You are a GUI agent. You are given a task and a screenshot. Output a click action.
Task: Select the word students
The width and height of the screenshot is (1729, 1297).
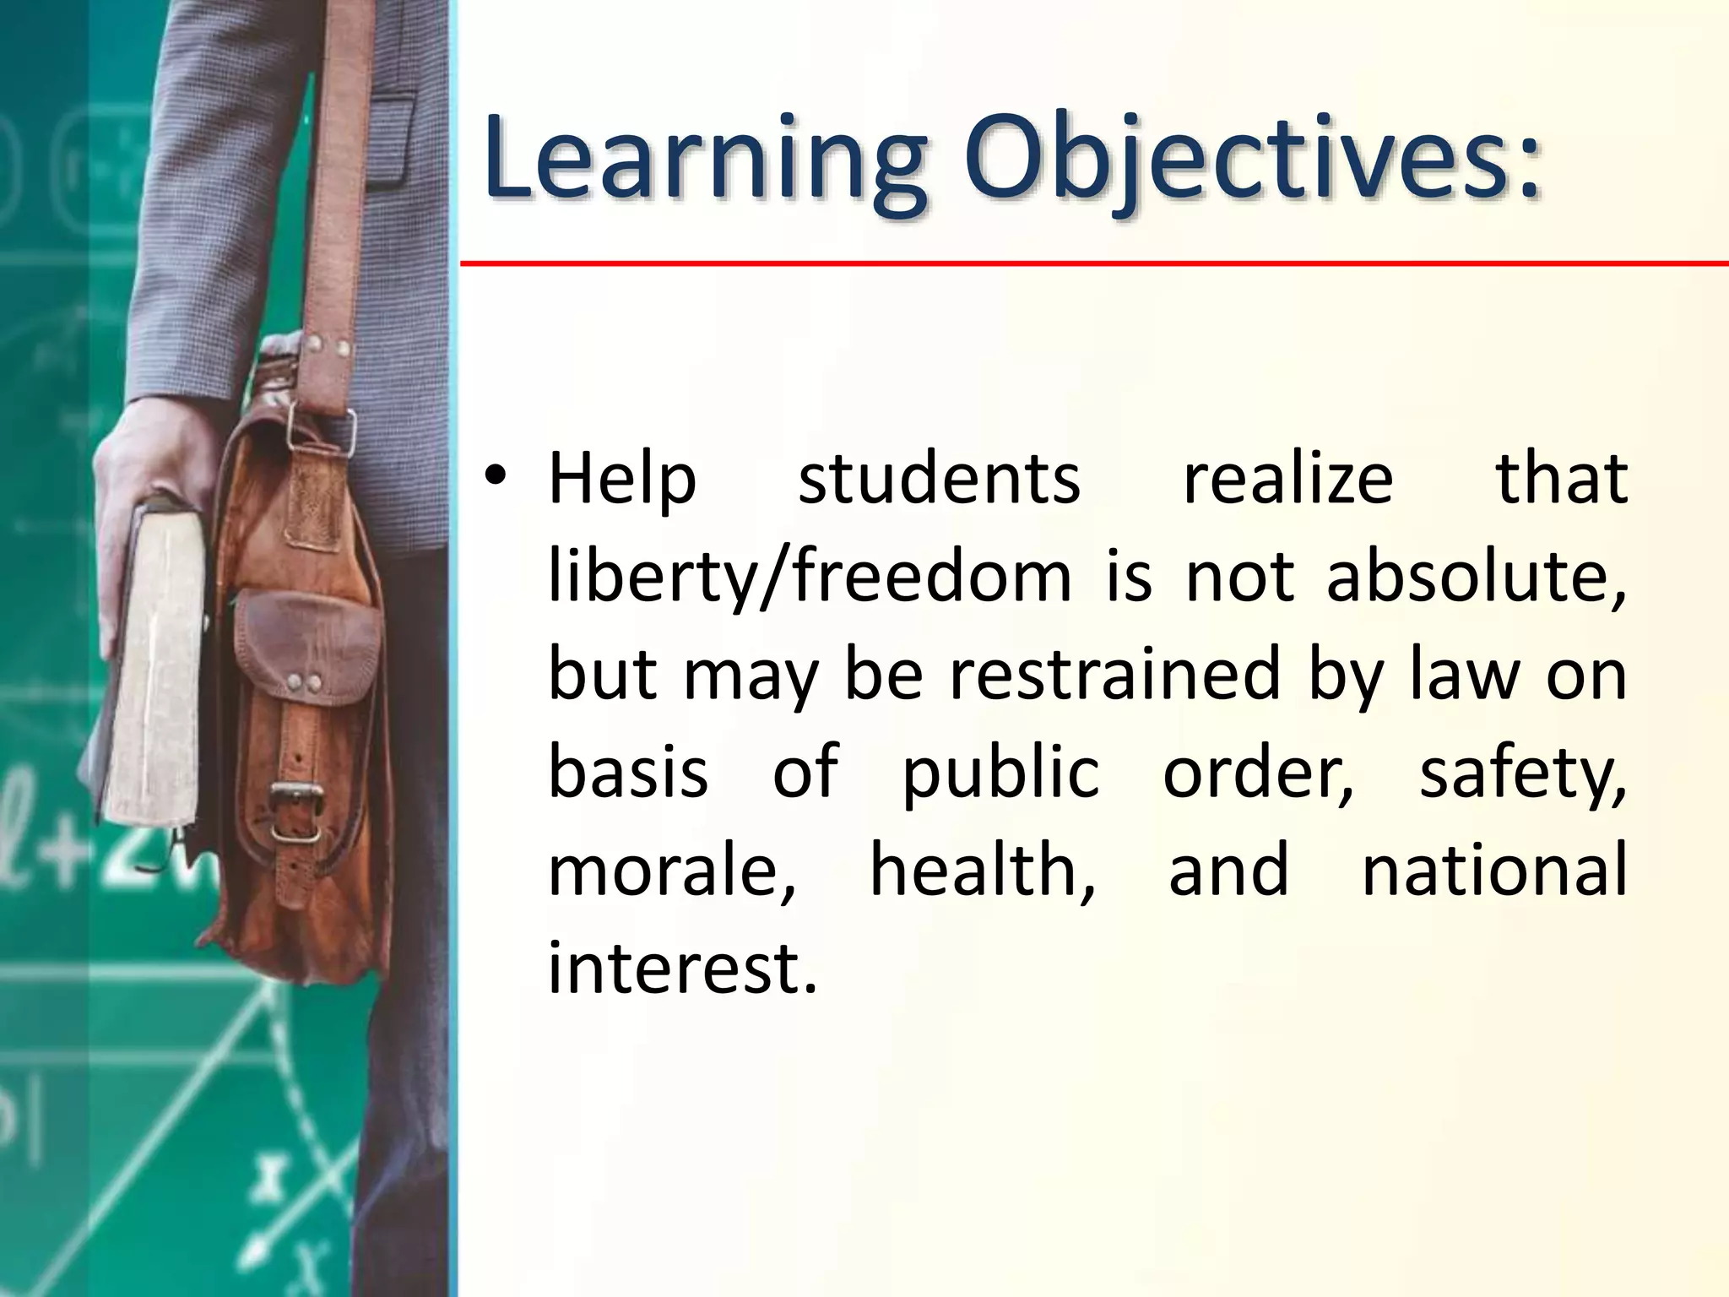pos(939,479)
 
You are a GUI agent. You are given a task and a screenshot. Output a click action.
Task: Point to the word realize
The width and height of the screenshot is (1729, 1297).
pos(1287,479)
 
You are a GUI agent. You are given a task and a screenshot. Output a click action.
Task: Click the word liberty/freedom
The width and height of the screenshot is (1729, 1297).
pos(809,578)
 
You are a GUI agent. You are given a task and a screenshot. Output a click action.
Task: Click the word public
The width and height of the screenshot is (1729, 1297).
pos(1000,773)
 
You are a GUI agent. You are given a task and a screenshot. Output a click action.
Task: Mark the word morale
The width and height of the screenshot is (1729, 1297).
pos(671,871)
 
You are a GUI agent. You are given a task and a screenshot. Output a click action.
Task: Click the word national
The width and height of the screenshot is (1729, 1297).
pos(1494,871)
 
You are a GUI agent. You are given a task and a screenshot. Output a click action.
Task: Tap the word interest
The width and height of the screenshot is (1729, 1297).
pos(682,968)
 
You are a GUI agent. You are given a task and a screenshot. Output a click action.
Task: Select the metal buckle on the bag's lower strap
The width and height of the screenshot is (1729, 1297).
pos(295,798)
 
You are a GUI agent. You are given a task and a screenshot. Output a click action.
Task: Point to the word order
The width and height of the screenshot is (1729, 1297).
pos(1258,773)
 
